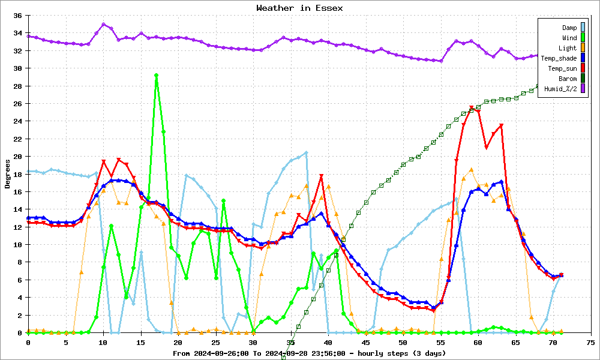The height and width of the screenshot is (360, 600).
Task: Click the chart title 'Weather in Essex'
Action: pos(299,8)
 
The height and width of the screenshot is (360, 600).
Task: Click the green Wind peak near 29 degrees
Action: pos(156,76)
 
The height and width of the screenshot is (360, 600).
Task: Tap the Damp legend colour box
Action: pos(583,27)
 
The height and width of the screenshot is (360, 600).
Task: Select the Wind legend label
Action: pos(569,38)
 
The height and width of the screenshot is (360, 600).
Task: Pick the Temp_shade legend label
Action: pos(559,59)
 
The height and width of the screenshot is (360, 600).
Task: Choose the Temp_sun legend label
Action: pos(562,68)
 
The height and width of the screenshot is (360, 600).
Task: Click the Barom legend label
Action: pos(568,79)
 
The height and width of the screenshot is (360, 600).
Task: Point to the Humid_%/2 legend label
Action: pos(560,89)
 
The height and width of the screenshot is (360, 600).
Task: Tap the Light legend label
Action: pos(568,48)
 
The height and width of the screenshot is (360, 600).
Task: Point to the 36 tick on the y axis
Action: pos(17,16)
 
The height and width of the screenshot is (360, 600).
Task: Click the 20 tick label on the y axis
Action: pos(17,157)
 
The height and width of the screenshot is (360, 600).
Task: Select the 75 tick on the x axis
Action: pos(590,343)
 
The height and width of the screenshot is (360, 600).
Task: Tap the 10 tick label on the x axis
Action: pos(103,343)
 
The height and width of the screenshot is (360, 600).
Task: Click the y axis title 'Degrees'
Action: pos(7,174)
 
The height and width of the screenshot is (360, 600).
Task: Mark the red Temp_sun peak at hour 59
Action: pos(471,107)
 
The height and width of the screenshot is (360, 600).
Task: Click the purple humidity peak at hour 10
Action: pos(103,25)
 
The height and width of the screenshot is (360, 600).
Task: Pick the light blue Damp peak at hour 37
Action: pos(306,152)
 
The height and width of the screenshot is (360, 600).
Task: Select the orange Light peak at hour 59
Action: pos(471,169)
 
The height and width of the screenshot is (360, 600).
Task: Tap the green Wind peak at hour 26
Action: pos(223,200)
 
